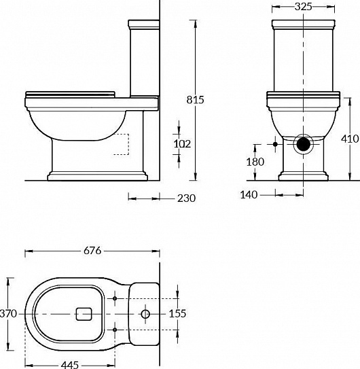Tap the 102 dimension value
pyautogui.click(x=183, y=143)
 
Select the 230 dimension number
pyautogui.click(x=185, y=198)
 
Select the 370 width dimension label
pyautogui.click(x=7, y=313)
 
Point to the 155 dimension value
pyautogui.click(x=177, y=314)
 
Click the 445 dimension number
pyautogui.click(x=69, y=364)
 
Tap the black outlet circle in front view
pyautogui.click(x=304, y=144)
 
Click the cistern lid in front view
pyautogui.click(x=304, y=27)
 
